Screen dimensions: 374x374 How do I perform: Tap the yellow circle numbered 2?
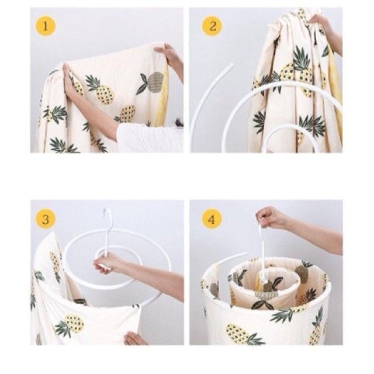coord(212,26)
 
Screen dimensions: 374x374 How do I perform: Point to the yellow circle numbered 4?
coord(212,219)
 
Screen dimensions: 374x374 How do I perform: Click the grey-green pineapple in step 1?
coord(154,82)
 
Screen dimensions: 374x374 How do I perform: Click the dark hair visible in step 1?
coord(179,123)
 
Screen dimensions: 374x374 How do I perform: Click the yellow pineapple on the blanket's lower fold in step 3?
coord(73,323)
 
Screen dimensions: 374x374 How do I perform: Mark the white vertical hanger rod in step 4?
coord(262,248)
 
